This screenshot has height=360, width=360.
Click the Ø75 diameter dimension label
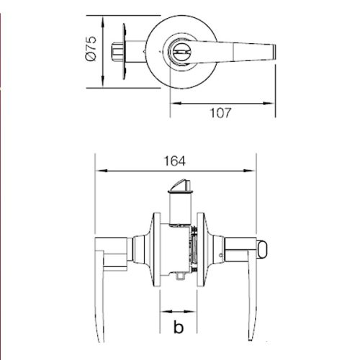coord(91,48)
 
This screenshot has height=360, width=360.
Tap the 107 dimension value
coord(220,113)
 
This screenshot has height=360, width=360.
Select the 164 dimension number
coord(175,161)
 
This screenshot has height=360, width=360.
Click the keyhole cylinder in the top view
coord(179,52)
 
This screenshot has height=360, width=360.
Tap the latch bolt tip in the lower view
coord(181,185)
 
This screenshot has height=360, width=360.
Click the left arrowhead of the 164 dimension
coord(101,171)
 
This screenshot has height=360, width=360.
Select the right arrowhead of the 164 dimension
coord(249,171)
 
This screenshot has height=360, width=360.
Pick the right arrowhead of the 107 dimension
coord(269,104)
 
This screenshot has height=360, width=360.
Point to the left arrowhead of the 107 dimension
coord(176,104)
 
